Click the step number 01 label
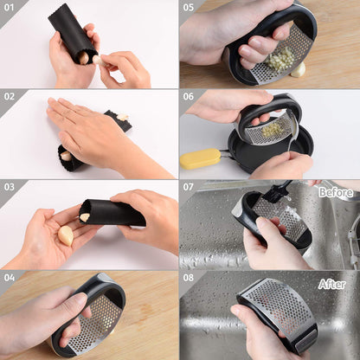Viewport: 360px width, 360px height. point(9,7)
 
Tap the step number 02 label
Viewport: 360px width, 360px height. point(10,96)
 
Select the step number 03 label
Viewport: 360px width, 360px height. point(10,187)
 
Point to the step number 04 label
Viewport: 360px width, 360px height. point(10,278)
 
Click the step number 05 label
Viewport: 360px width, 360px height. point(189,7)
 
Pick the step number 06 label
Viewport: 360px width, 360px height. point(189,96)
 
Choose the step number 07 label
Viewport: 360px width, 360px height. point(188,187)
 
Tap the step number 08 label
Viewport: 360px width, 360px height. point(189,278)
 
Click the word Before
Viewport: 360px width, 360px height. point(336,192)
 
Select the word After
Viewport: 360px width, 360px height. point(331,285)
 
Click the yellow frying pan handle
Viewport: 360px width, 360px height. point(201,158)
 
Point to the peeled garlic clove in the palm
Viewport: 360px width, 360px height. point(66,235)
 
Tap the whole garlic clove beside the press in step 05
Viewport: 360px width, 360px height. point(299,70)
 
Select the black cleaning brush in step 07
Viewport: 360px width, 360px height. point(276,191)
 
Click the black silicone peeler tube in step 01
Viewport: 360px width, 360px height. point(73,33)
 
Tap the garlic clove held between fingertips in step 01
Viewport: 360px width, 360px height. point(97,60)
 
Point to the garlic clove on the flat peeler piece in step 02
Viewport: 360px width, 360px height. point(122,117)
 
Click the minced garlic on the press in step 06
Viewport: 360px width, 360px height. point(273,129)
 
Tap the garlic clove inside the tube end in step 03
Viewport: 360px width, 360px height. point(85,217)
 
